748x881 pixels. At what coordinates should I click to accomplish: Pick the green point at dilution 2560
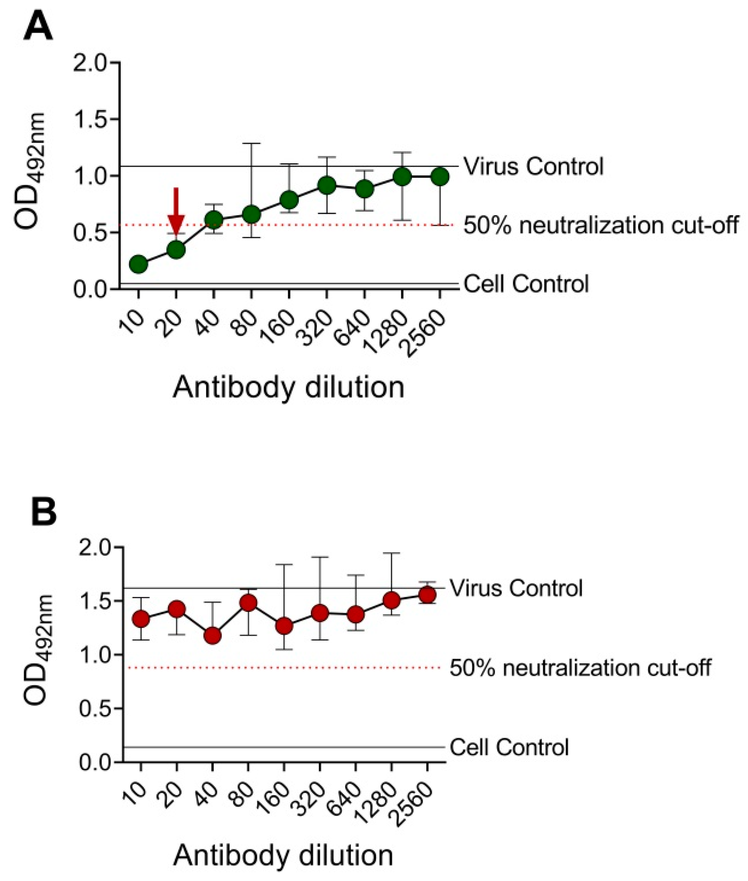pos(440,177)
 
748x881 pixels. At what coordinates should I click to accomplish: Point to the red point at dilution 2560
pos(427,595)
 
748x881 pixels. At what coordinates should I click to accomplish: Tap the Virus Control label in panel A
pos(533,166)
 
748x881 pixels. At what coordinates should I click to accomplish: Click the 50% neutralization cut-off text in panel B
pos(580,668)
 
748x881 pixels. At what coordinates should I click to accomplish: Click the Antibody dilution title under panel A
pos(288,387)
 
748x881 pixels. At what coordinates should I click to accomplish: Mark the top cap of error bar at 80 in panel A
pos(251,144)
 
